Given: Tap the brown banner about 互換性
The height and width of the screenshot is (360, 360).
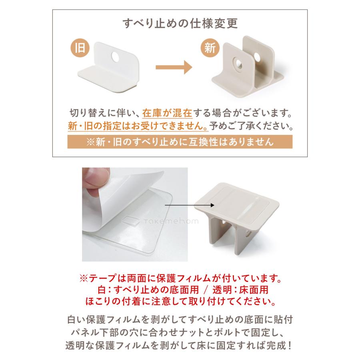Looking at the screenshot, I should point(180,142).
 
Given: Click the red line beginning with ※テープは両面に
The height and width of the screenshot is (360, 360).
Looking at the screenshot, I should point(180,277).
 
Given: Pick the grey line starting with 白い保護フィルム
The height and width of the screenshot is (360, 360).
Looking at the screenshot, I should point(180,320).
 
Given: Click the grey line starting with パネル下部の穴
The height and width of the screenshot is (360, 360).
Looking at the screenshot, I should point(180,332).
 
